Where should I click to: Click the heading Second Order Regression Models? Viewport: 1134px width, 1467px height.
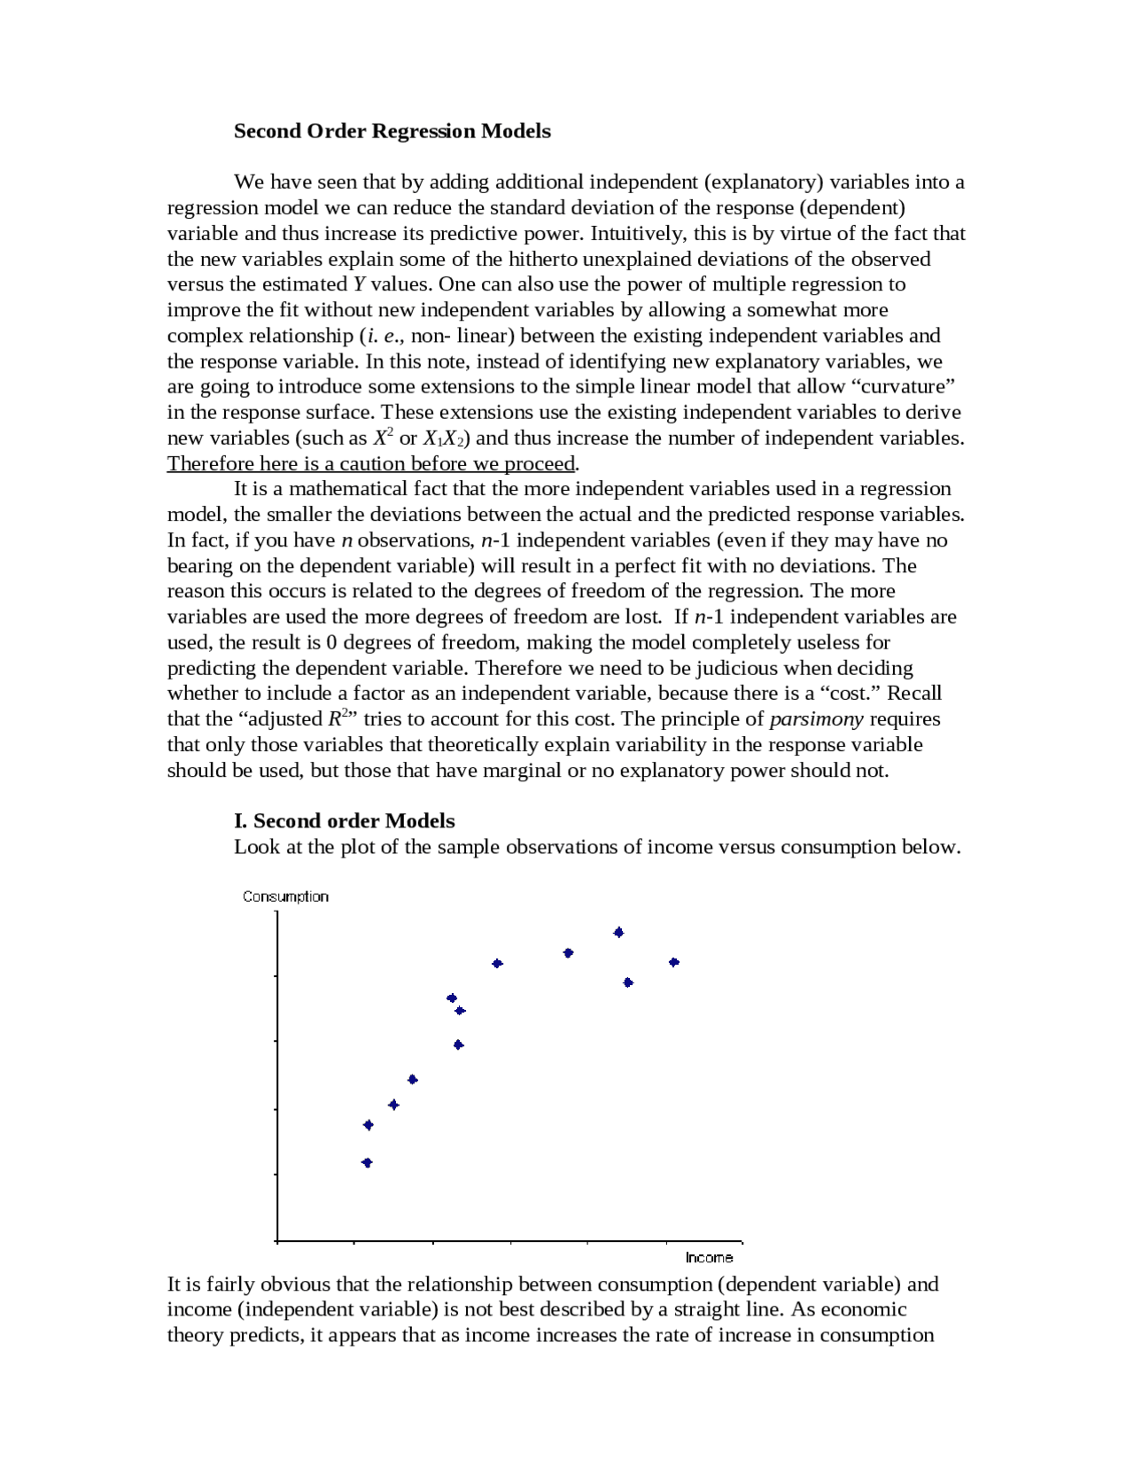coord(392,131)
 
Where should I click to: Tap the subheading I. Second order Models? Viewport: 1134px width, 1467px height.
coord(344,820)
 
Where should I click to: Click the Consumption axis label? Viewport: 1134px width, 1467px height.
coord(285,896)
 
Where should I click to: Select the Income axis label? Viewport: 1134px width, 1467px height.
coord(709,1257)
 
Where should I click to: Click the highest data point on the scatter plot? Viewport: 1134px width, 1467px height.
coord(618,932)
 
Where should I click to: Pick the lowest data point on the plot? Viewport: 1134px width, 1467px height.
coord(367,1162)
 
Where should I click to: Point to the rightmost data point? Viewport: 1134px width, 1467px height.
coord(674,962)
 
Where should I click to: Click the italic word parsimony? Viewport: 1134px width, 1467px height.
coord(816,718)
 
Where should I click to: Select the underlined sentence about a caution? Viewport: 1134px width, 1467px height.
coord(371,463)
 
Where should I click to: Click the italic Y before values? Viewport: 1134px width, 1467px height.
coord(359,284)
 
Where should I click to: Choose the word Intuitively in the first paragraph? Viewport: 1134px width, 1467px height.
coord(637,233)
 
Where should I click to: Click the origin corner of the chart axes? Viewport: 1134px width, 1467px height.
coord(277,1241)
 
